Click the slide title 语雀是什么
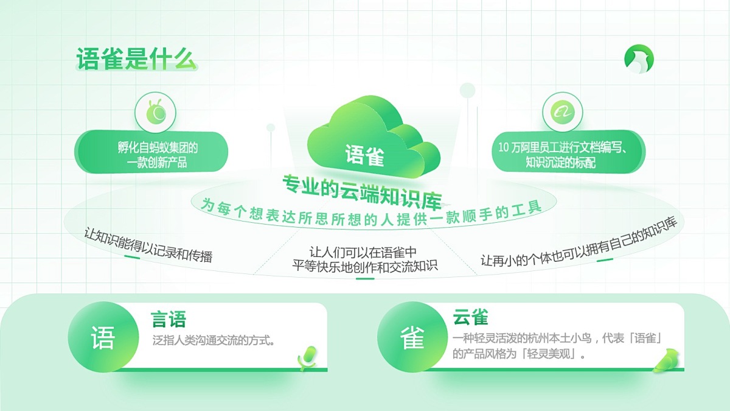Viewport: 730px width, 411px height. (x=137, y=59)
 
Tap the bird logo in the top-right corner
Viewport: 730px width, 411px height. (x=639, y=59)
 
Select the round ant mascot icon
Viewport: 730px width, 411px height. (x=155, y=113)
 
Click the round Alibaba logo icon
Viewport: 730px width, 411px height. (x=562, y=112)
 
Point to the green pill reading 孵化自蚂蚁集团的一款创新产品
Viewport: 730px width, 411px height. (x=151, y=152)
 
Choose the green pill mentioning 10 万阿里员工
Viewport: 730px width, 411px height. (x=568, y=152)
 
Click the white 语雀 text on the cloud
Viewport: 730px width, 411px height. (x=364, y=155)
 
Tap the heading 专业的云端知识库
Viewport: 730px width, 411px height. (x=362, y=192)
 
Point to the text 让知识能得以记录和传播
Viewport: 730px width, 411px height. (x=148, y=245)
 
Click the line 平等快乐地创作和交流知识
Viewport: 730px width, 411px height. (x=364, y=266)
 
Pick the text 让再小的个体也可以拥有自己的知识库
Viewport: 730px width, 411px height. (x=579, y=242)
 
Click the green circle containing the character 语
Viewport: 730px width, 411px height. (x=103, y=337)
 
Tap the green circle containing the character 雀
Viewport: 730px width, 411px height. (x=412, y=337)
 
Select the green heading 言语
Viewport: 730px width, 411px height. (x=168, y=319)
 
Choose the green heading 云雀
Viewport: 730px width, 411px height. (x=470, y=317)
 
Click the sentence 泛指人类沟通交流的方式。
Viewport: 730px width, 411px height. (x=214, y=340)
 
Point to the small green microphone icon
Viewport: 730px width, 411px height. (x=307, y=358)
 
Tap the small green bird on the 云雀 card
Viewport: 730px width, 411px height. (x=666, y=360)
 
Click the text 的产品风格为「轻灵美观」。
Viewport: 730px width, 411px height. (x=519, y=354)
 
